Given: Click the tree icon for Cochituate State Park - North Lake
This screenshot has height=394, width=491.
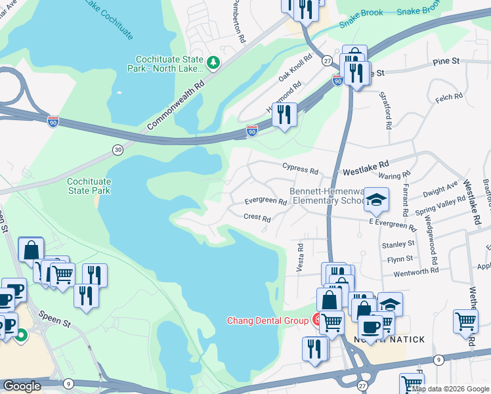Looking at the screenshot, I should tap(213, 62).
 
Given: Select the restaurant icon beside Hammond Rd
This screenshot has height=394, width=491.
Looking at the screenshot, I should tap(284, 114).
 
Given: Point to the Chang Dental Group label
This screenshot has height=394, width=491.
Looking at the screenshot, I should tap(267, 321).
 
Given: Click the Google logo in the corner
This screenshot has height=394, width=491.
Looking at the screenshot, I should tap(22, 386).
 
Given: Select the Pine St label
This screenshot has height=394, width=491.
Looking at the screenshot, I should tap(445, 61).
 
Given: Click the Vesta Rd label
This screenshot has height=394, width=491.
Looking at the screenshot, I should tap(300, 257).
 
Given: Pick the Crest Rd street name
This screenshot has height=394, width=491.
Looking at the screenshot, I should tap(257, 218).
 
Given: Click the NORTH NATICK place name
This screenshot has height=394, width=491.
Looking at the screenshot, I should tap(394, 339).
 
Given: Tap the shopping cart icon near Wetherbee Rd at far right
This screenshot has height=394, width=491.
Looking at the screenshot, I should tap(465, 322).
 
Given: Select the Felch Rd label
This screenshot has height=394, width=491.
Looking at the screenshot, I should tap(450, 97).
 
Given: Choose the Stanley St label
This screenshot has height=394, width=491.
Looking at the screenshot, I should tap(398, 244).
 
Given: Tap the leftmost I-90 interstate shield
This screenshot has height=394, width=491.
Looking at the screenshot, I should tap(53, 121).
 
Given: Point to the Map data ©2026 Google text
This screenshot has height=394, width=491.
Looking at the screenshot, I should tap(450, 389).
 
